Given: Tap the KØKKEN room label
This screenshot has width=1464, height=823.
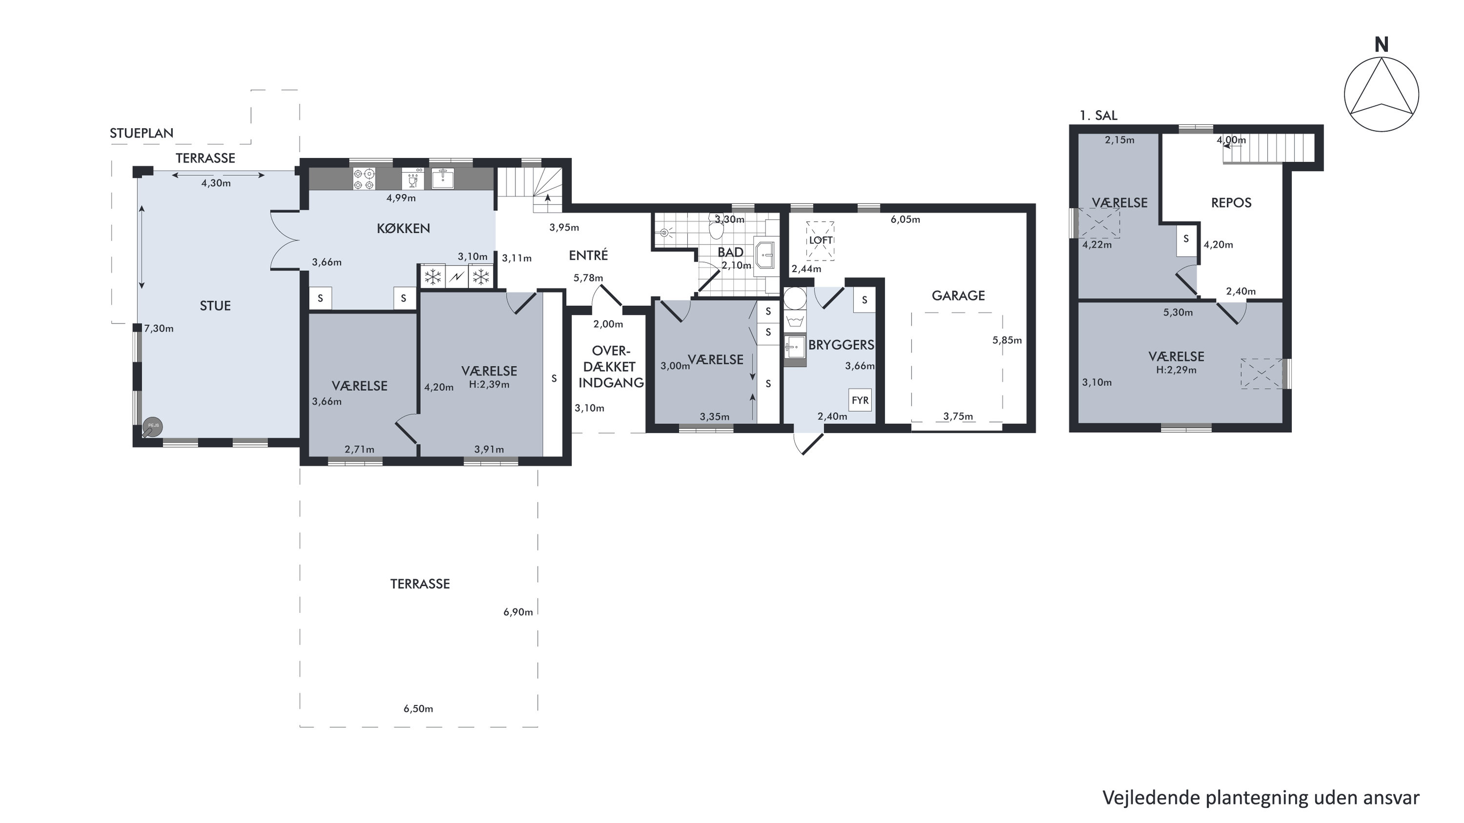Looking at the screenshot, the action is click(x=404, y=228).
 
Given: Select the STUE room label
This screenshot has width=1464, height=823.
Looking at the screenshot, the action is click(x=215, y=305).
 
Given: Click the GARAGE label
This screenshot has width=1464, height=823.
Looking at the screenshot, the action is click(x=958, y=295).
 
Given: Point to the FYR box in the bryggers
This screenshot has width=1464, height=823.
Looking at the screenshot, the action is click(x=860, y=400).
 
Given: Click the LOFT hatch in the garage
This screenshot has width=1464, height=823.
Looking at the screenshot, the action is click(x=821, y=240).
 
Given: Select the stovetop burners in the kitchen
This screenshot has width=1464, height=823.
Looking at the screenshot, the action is click(x=364, y=179).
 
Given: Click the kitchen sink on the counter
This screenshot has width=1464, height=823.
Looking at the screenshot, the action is click(x=442, y=179).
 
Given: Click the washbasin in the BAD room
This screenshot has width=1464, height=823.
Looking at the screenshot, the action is click(x=764, y=257).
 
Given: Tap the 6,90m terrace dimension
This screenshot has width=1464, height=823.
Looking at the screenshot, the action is click(x=518, y=612).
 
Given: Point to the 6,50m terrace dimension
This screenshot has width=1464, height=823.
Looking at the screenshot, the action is click(x=418, y=708).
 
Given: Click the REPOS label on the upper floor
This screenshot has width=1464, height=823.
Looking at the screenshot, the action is click(x=1231, y=203).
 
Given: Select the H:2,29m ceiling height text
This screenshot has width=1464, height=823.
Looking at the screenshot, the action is click(x=1176, y=370).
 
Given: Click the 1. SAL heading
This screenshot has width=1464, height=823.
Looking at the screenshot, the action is click(x=1098, y=115).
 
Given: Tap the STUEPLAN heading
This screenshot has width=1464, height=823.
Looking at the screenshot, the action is click(x=142, y=133).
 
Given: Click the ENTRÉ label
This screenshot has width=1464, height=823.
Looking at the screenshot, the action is click(x=588, y=255).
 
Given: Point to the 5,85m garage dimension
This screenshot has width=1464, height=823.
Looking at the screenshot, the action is click(x=1007, y=340).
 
